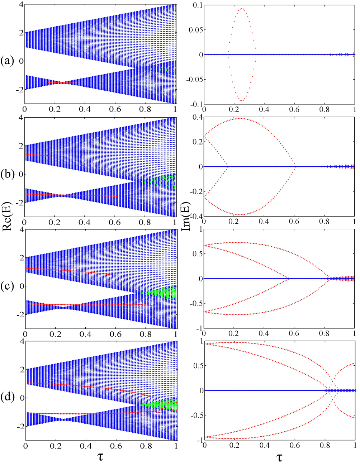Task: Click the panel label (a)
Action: point(8,61)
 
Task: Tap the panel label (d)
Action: point(8,398)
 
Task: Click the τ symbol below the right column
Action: point(280,457)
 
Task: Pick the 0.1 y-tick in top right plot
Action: point(197,5)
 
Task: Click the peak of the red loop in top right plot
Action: point(242,9)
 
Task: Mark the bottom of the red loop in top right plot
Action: point(242,101)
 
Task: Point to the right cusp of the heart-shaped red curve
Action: point(295,166)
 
